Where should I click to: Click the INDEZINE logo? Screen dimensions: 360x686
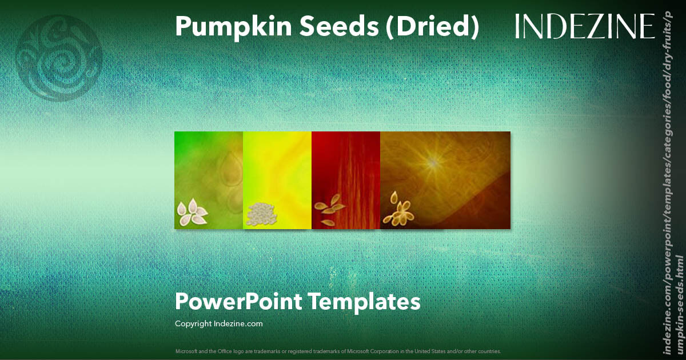pos(585,26)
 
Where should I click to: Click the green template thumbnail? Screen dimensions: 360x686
pos(209,180)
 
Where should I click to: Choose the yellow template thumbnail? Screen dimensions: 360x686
pos(277,180)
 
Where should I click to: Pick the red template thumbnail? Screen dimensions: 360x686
pos(346,180)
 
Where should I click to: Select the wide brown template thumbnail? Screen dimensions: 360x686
pos(445,180)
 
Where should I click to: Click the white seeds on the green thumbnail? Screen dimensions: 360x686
pos(192,213)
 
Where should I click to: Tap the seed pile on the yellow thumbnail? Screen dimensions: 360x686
pos(262,214)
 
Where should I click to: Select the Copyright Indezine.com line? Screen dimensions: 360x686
pos(218,323)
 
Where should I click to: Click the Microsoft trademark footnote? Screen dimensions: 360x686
pos(338,351)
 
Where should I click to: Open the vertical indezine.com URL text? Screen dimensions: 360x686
pos(673,183)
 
